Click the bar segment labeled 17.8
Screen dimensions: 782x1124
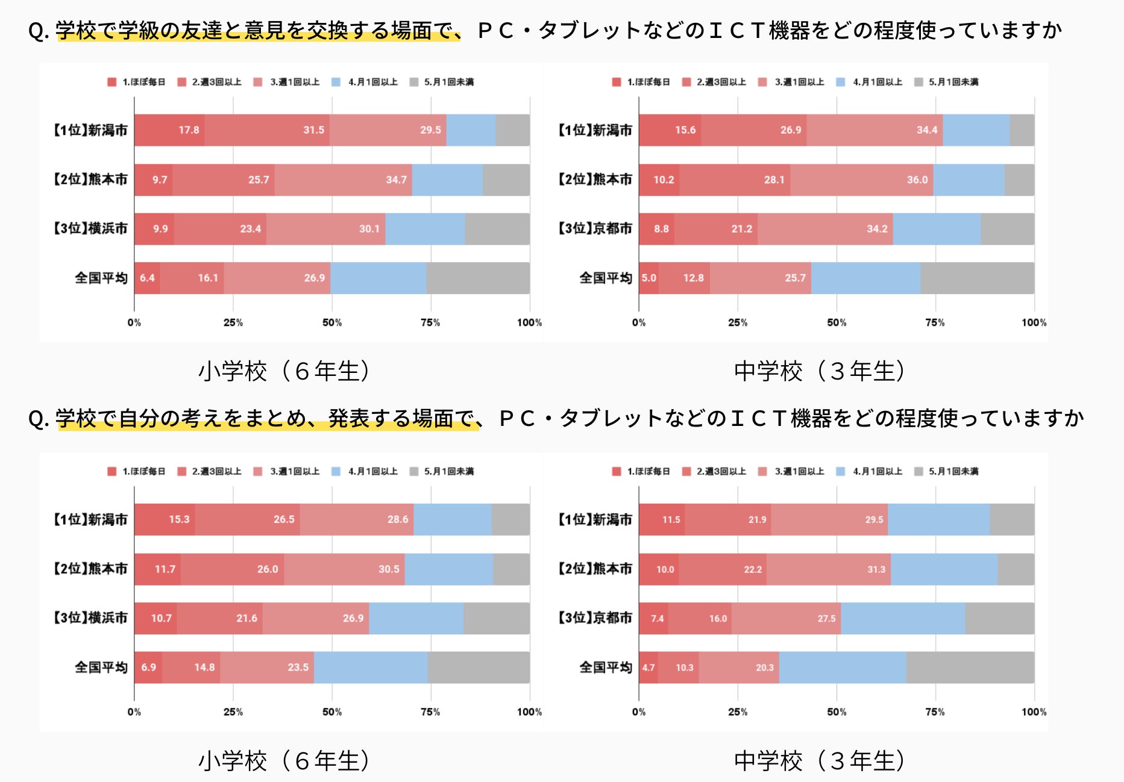click(x=169, y=130)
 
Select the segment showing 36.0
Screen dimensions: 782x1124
click(x=862, y=180)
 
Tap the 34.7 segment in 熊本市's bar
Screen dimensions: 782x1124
click(x=344, y=180)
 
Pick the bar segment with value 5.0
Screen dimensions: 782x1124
click(x=648, y=278)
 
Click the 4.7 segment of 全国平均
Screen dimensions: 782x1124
click(x=648, y=668)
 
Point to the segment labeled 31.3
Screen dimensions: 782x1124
click(x=829, y=569)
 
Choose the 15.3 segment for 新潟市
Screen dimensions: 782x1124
click(x=165, y=519)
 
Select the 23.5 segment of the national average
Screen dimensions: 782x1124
click(x=267, y=668)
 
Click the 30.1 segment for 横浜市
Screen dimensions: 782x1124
click(x=326, y=229)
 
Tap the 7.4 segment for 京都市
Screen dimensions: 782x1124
click(x=653, y=618)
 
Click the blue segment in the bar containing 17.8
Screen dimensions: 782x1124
click(x=471, y=130)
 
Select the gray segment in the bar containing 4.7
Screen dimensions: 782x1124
click(x=970, y=668)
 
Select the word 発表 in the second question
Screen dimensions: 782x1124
click(x=348, y=418)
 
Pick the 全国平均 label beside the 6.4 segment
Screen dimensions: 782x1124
click(x=101, y=278)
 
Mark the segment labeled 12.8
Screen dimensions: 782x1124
click(x=684, y=278)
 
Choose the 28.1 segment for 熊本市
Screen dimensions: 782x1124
click(x=735, y=180)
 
